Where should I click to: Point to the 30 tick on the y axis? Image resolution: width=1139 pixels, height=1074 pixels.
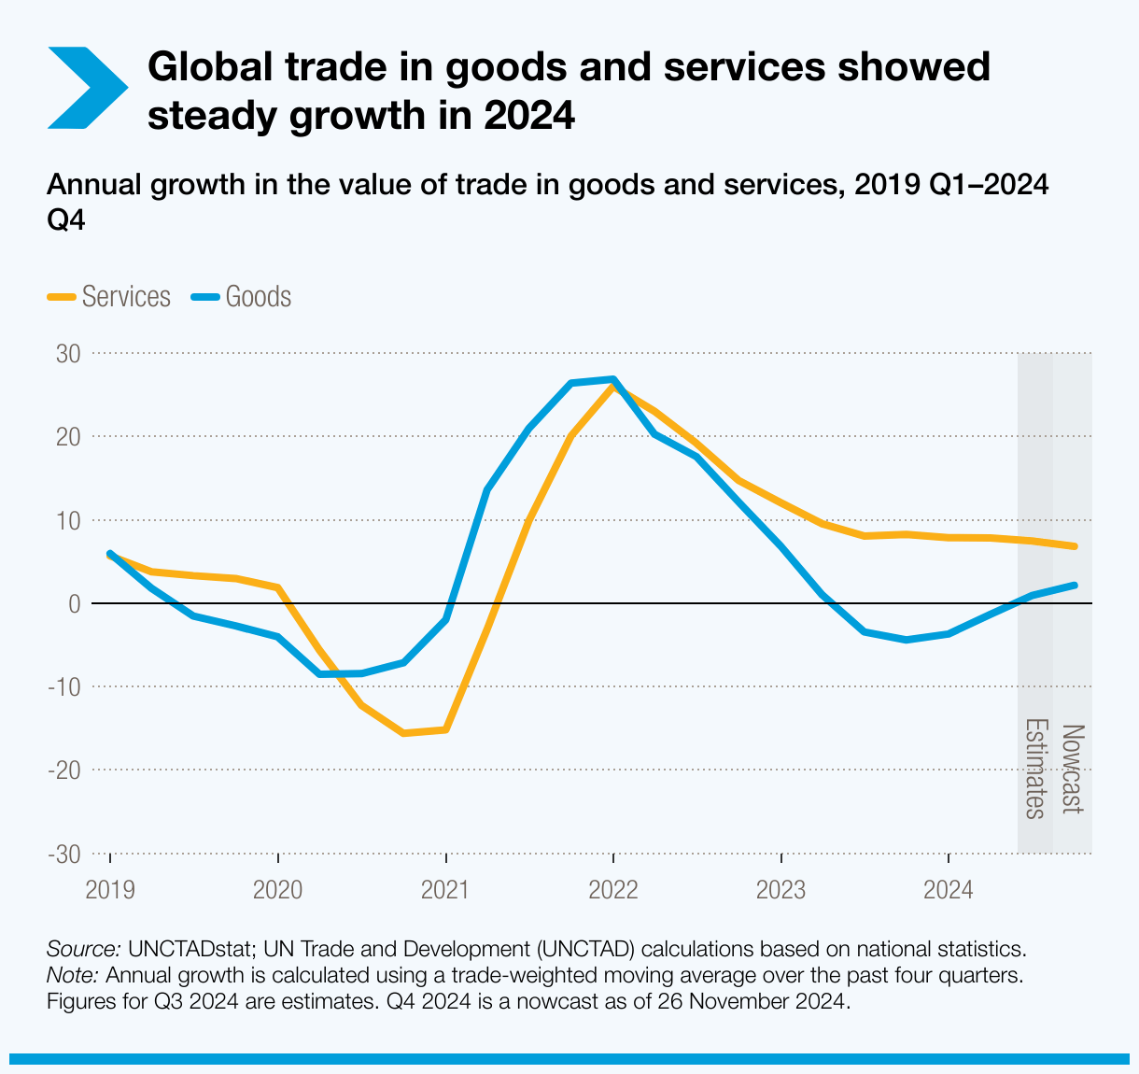coord(70,354)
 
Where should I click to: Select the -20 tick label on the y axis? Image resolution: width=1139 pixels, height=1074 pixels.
coord(64,770)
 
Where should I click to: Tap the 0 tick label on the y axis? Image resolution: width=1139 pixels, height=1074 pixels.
coord(74,604)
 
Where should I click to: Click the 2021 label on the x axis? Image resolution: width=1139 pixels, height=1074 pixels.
coord(445,889)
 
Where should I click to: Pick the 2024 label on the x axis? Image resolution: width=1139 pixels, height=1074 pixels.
coord(948,889)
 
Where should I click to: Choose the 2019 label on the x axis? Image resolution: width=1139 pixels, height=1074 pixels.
coord(110,889)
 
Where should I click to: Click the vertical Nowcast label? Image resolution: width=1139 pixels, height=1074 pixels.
coord(1073,769)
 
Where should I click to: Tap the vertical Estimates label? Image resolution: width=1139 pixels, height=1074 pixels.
coord(1034,769)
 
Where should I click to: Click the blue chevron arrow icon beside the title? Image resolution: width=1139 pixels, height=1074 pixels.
coord(86,88)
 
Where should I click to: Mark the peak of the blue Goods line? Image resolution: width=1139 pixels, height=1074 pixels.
coord(612,379)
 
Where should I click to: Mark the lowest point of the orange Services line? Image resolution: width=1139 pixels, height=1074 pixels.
coord(403,733)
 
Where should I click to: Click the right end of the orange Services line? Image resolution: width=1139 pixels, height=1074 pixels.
coord(1075,546)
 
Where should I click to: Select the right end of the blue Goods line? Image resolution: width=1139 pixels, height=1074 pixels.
coord(1075,586)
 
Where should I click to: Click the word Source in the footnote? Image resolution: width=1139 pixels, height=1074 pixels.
coord(83,950)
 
